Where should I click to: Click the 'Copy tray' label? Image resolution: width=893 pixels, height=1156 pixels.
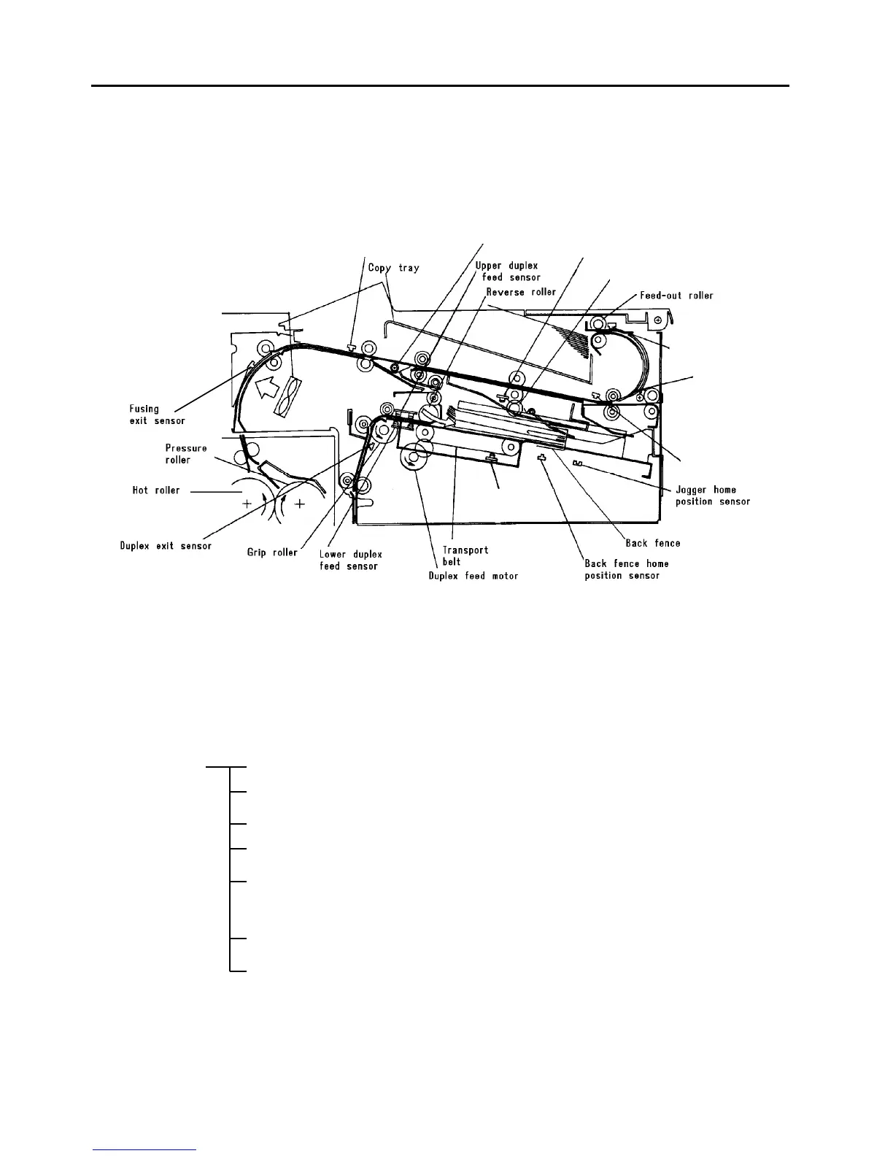[393, 268]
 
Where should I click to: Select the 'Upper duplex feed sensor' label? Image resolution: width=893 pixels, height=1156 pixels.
[508, 271]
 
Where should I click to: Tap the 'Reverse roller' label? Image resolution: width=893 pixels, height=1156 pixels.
[521, 292]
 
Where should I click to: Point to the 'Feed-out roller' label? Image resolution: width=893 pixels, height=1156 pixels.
[676, 296]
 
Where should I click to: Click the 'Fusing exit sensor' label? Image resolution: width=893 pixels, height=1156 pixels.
[157, 415]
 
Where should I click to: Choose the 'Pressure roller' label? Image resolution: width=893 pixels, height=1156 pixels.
[185, 454]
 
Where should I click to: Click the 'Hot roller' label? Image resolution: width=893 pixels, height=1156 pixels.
[155, 490]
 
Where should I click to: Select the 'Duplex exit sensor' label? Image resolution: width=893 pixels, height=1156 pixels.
[166, 546]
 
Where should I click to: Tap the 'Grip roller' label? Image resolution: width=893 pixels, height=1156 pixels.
[272, 552]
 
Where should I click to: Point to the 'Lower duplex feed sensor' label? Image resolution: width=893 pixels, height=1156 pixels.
[350, 560]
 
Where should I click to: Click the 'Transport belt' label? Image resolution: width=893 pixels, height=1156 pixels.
[465, 555]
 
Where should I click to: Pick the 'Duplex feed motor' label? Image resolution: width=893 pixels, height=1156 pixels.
[473, 576]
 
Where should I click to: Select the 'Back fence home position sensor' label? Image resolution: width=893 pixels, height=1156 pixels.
[626, 569]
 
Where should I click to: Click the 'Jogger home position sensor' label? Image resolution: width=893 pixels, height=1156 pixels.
[712, 496]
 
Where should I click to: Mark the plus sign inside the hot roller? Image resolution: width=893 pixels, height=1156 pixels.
[248, 503]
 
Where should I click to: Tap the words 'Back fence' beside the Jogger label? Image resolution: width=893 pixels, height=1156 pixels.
[652, 543]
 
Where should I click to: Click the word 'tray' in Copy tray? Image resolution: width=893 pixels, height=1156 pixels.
[409, 268]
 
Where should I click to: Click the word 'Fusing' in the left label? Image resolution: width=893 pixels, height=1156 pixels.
[144, 409]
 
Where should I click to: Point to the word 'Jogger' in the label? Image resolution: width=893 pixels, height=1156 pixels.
[691, 490]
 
